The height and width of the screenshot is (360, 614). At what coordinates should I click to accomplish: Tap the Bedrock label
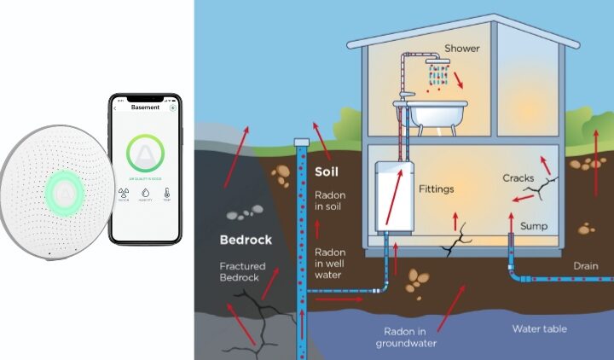[x=246, y=240]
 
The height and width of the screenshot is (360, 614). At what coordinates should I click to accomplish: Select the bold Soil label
[x=327, y=171]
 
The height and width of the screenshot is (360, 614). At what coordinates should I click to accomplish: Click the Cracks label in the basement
[x=518, y=179]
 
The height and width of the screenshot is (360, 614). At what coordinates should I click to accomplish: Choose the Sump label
[x=534, y=226]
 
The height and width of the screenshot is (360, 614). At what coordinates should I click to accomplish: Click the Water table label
[x=539, y=328]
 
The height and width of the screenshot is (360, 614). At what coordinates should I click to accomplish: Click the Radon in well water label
[x=330, y=264]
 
